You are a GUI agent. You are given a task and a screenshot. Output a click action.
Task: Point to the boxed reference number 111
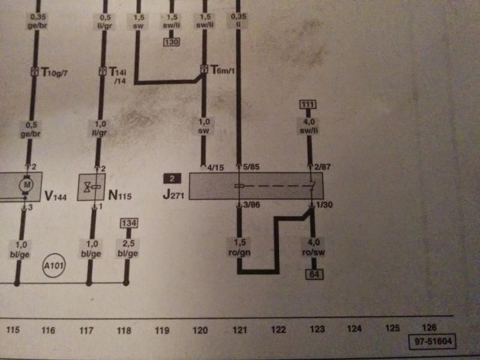click(x=308, y=106)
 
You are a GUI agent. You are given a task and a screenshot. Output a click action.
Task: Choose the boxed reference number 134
click(x=127, y=223)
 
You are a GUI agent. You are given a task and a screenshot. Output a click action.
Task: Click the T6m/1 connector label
click(x=223, y=71)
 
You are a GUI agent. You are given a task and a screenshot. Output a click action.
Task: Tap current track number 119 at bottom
click(x=162, y=329)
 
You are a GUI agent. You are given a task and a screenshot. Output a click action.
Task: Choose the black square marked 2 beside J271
click(x=172, y=179)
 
